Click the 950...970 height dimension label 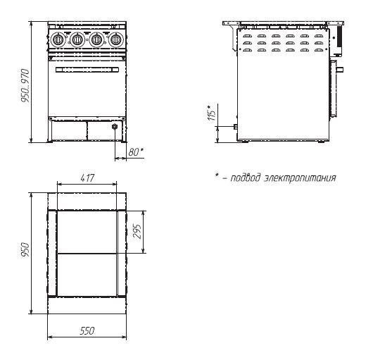[25, 85]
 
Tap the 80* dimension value [136, 151]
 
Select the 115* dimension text [211, 113]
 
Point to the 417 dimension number [87, 178]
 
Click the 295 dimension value [137, 231]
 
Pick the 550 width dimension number [87, 330]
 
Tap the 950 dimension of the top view [25, 249]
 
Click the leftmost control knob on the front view [58, 39]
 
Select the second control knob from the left [77, 39]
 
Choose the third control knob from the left [96, 39]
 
